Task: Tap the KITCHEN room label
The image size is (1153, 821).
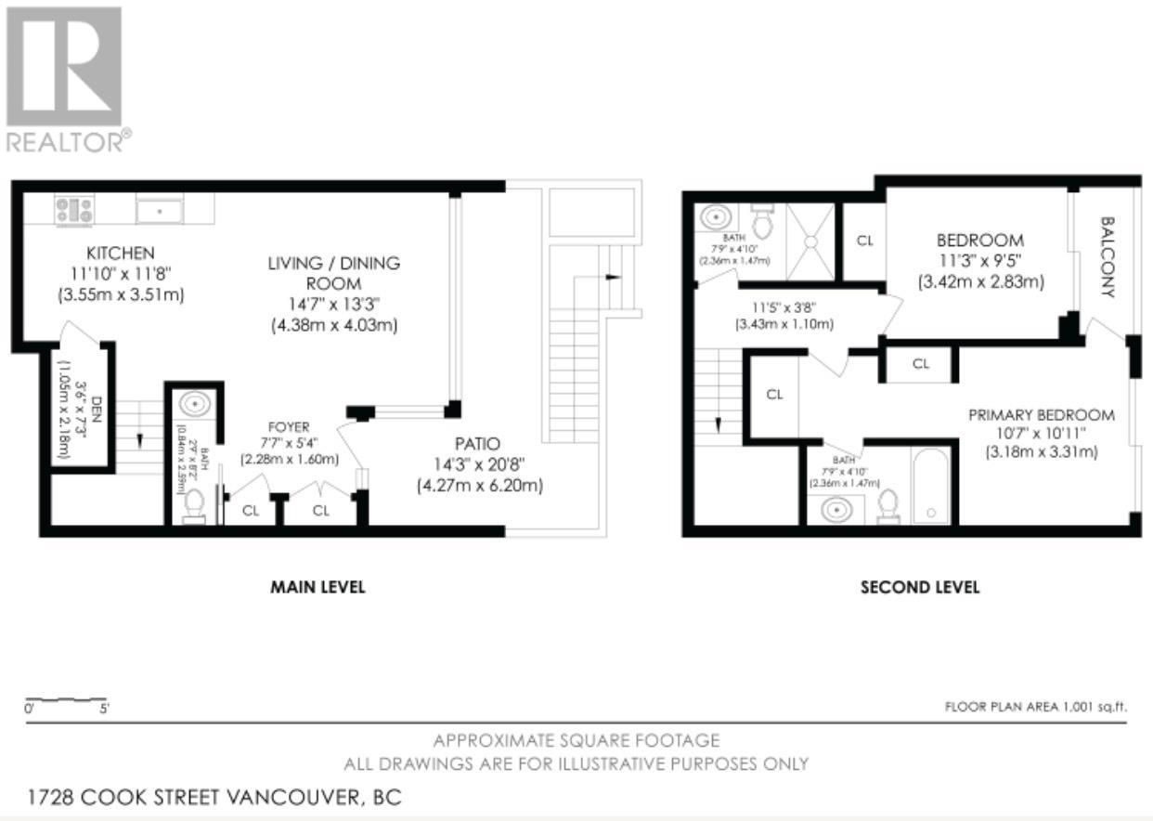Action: (121, 254)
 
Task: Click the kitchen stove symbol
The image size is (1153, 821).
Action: (73, 210)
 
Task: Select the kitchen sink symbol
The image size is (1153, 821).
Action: (160, 210)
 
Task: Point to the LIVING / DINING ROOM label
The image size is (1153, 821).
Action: (334, 273)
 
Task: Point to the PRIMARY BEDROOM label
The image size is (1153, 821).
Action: (1042, 415)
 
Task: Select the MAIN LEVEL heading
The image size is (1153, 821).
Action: (317, 587)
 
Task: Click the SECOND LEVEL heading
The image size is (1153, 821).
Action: (919, 587)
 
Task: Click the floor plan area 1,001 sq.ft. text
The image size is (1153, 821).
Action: (1035, 707)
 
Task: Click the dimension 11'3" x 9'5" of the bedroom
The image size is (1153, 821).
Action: (979, 261)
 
